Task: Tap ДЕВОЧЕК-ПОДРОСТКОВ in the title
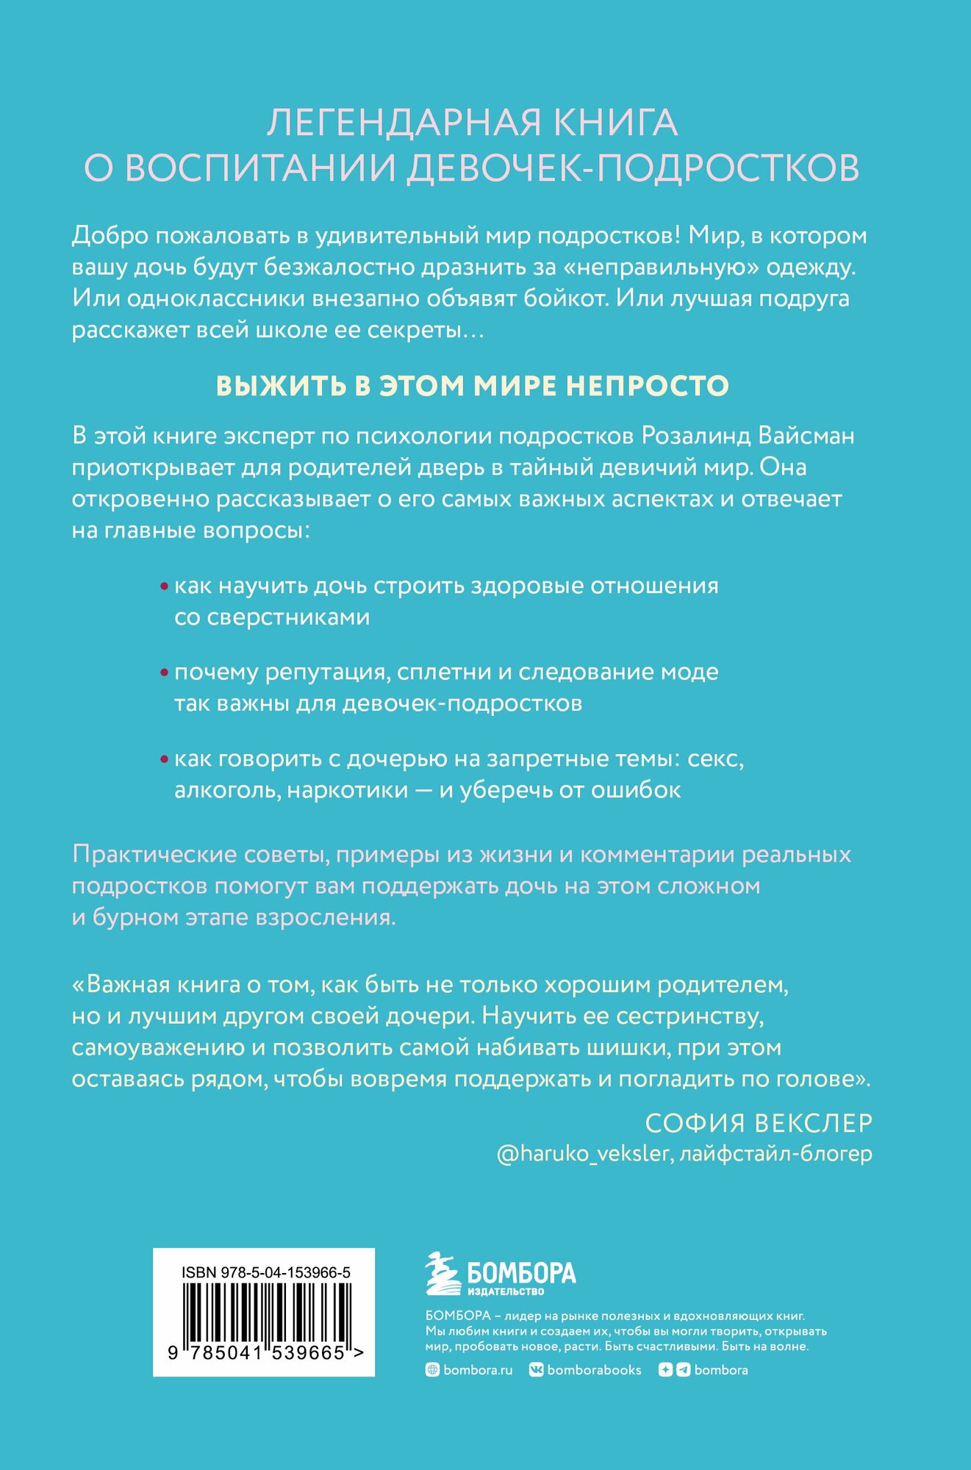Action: point(633,168)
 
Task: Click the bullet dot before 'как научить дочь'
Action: point(164,587)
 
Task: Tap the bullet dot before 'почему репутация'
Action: point(164,673)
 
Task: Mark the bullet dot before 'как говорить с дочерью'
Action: point(164,759)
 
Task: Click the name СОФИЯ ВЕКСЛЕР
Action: point(759,1123)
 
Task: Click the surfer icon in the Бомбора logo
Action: point(443,1274)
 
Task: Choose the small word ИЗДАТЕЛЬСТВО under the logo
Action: point(506,1291)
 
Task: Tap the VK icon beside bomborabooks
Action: point(536,1370)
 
